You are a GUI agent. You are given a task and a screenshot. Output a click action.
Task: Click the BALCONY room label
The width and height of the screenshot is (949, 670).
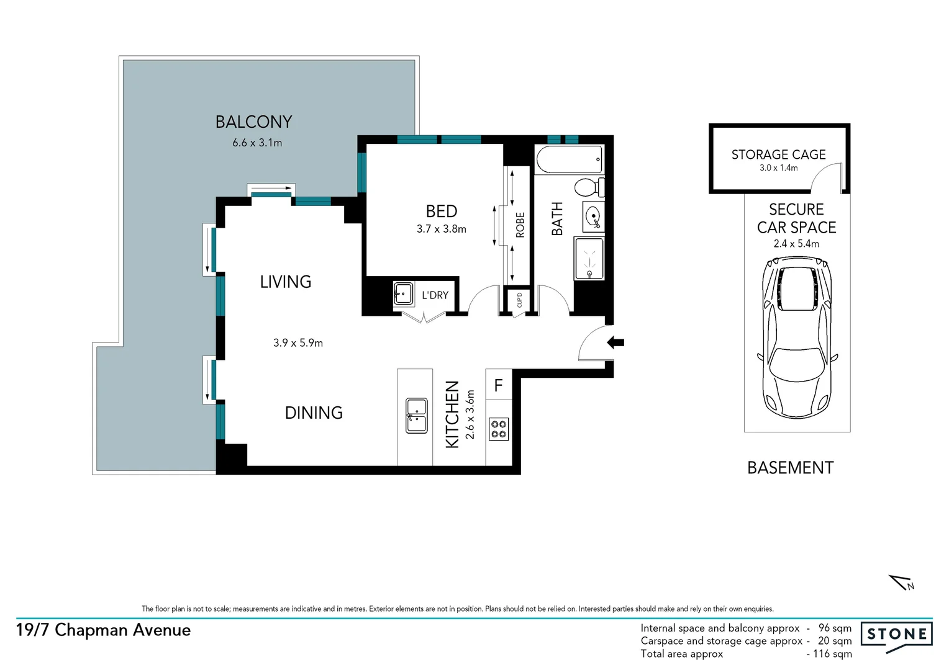tap(253, 122)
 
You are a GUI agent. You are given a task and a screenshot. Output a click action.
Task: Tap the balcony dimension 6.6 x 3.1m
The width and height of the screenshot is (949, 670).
tap(257, 143)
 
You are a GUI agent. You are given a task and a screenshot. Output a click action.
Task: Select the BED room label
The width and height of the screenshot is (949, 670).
tap(441, 212)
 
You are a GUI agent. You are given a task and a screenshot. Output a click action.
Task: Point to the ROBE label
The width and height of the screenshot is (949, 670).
tap(520, 225)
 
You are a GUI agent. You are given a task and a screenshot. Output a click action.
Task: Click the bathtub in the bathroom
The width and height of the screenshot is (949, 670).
tap(570, 160)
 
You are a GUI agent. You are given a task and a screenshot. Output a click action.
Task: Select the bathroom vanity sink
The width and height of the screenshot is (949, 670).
tap(593, 217)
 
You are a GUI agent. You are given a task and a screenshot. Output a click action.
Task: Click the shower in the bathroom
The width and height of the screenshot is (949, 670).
tap(589, 259)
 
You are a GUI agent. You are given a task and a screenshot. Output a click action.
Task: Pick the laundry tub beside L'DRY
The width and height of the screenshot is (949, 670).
tap(404, 293)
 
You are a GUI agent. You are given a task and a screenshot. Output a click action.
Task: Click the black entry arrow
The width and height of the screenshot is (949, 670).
tap(615, 342)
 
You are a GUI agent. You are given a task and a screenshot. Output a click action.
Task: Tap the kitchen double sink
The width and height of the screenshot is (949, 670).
tap(416, 416)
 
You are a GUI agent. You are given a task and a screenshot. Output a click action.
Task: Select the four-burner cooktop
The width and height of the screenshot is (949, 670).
tap(499, 429)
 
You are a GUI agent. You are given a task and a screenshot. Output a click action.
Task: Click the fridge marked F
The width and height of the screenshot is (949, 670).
tap(498, 385)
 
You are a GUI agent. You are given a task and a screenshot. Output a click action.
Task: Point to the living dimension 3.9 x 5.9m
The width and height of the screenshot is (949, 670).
tap(298, 343)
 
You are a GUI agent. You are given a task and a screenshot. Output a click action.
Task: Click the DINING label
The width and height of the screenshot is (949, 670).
tap(314, 413)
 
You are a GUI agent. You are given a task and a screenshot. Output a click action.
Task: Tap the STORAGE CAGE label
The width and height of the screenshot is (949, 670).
tap(778, 154)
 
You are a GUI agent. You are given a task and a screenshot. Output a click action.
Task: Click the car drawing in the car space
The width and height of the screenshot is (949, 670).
tap(797, 338)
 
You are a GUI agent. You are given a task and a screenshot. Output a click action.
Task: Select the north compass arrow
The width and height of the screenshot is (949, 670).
tap(902, 583)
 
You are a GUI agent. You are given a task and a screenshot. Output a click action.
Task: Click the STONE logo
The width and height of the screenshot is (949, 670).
tap(896, 635)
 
